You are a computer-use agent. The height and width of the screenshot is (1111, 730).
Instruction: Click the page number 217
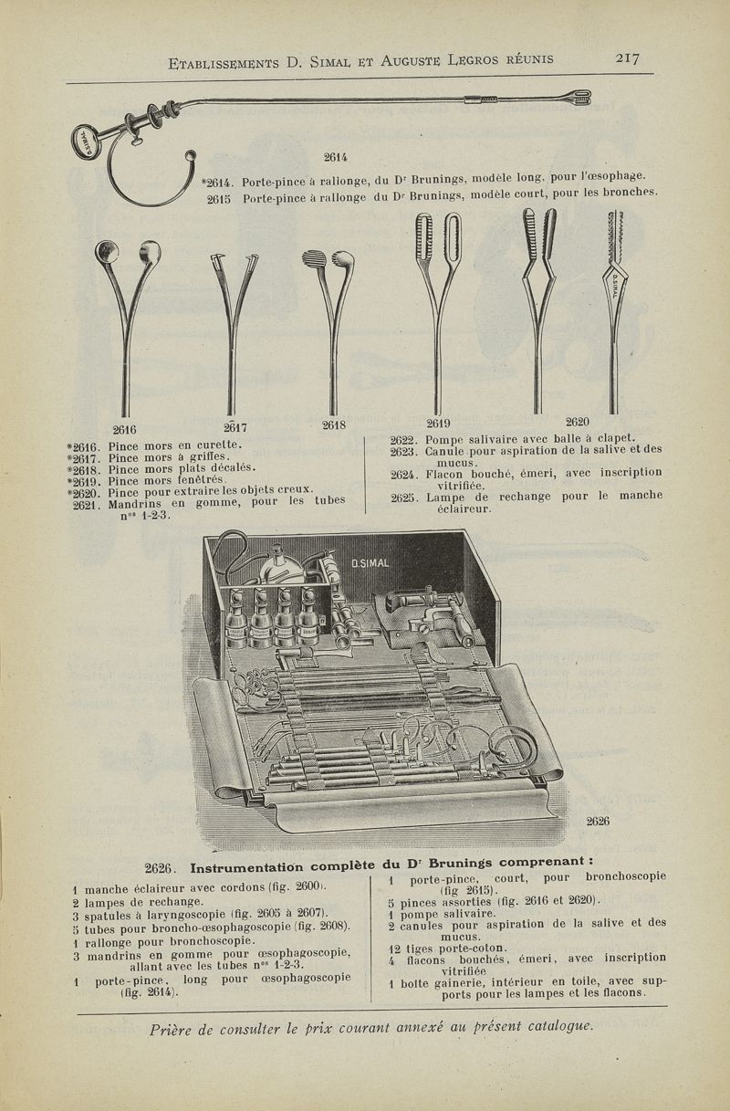(627, 58)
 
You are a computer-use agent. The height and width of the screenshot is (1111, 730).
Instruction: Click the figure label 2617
(235, 426)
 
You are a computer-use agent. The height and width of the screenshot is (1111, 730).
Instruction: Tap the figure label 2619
(438, 423)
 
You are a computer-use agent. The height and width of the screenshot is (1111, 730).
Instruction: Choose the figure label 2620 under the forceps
(578, 422)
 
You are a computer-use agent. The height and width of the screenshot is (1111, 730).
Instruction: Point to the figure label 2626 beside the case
(598, 821)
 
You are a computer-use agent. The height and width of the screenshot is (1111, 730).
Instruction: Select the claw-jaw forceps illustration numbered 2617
(232, 320)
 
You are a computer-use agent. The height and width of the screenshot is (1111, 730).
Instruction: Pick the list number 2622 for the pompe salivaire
(402, 438)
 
